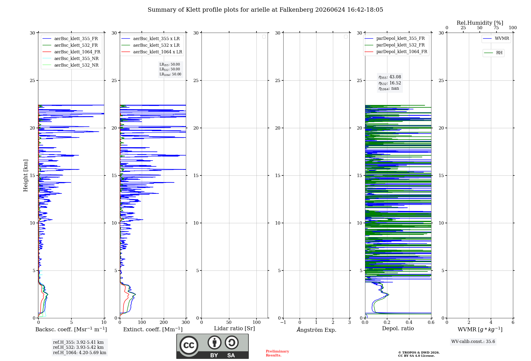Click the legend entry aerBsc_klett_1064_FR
coord(71,52)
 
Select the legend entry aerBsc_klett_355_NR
coord(71,58)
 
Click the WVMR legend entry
coord(496,38)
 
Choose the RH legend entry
coord(493,53)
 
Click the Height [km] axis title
coord(25,175)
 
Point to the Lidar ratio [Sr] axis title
coord(234,328)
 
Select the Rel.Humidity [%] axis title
coord(480,23)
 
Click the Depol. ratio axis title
coord(398,328)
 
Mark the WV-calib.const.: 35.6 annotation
coord(473,341)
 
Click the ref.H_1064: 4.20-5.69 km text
coord(80,353)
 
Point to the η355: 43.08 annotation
coord(390,77)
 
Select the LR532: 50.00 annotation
coord(170,69)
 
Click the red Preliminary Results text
coord(277,353)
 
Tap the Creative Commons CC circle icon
coord(189,345)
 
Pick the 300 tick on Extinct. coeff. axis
coord(186,322)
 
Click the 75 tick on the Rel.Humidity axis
coord(496,28)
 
